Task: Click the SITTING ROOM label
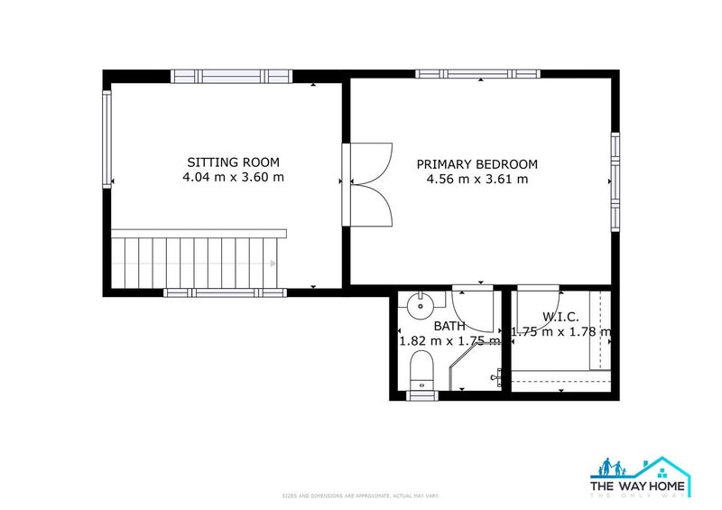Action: [x=233, y=162]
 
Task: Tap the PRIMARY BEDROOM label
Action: [x=477, y=164]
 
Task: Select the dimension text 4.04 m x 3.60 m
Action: [x=233, y=178]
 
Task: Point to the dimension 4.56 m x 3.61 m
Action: [x=477, y=180]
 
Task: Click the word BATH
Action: [x=449, y=326]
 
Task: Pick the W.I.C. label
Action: [x=560, y=317]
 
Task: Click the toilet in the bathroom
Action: [x=421, y=369]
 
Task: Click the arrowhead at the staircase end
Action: [x=273, y=264]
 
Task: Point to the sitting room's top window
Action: [x=232, y=76]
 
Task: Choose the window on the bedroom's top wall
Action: [x=477, y=74]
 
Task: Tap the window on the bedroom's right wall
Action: [x=616, y=181]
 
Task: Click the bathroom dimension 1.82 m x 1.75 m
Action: [x=449, y=341]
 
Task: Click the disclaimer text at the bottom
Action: [x=361, y=496]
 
